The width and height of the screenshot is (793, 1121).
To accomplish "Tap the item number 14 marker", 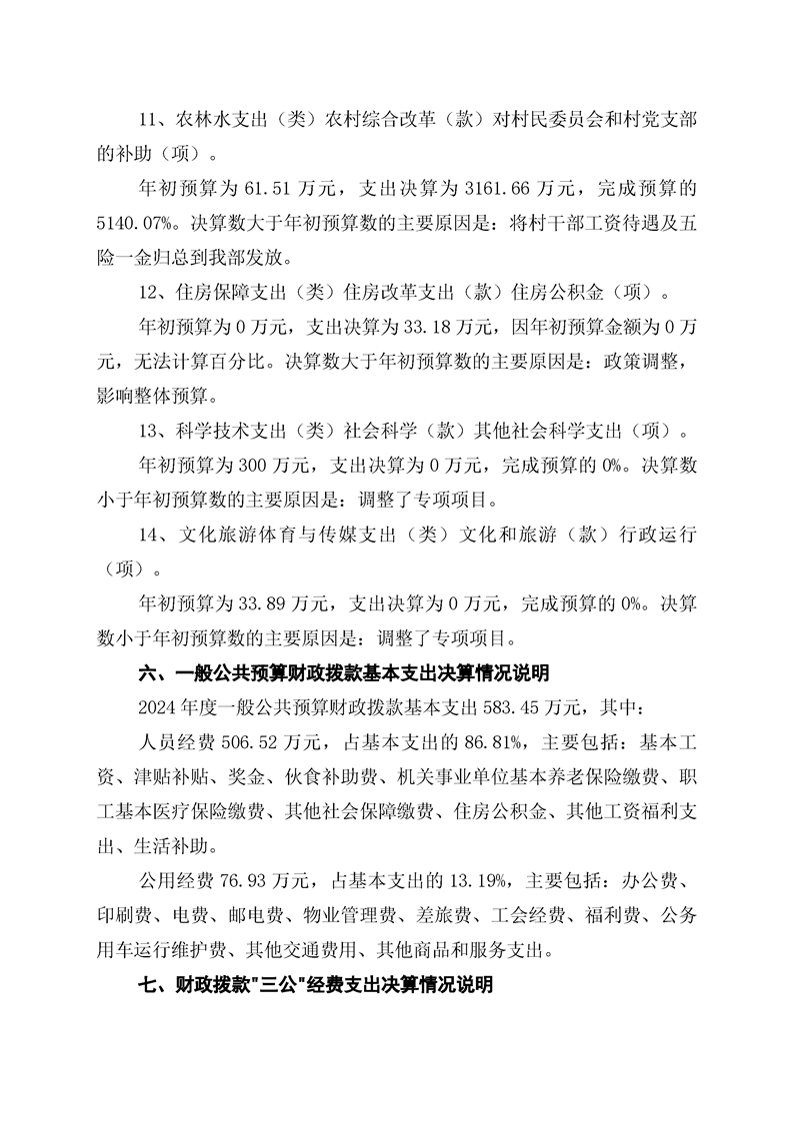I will tap(147, 536).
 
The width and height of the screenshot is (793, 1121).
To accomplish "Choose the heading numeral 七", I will tap(146, 986).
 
